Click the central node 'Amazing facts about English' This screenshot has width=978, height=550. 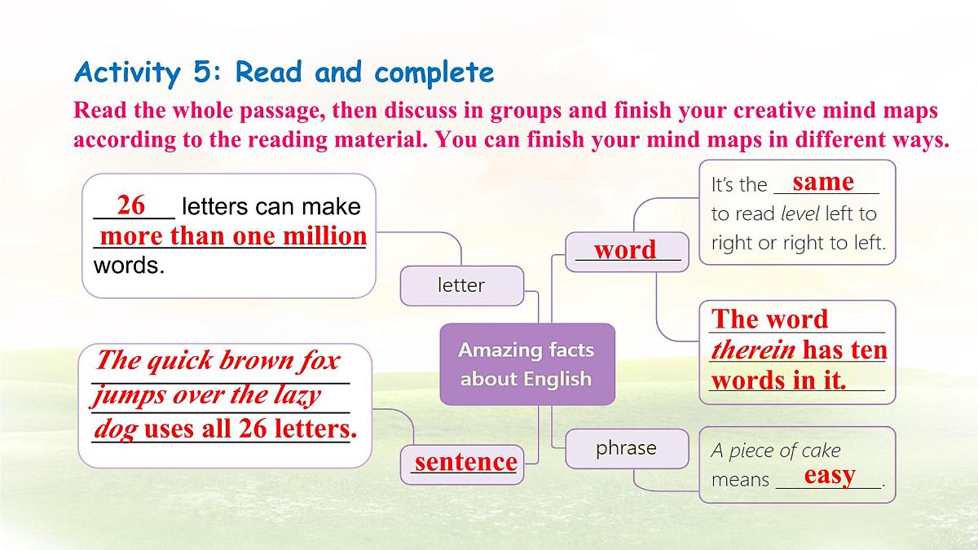pyautogui.click(x=526, y=364)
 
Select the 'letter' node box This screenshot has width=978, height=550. pyautogui.click(x=461, y=285)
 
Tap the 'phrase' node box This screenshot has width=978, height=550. pyautogui.click(x=626, y=447)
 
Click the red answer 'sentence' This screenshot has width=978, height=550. pyautogui.click(x=465, y=462)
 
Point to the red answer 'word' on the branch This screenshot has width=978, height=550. pyautogui.click(x=625, y=249)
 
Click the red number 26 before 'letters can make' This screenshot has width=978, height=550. pyautogui.click(x=131, y=205)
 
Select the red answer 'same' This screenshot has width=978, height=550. pyautogui.click(x=823, y=181)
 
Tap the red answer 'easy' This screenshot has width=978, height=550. pyautogui.click(x=830, y=475)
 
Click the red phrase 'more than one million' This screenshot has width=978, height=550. pyautogui.click(x=233, y=236)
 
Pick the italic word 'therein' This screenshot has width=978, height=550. pyautogui.click(x=754, y=350)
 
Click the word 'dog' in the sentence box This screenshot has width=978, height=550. pyautogui.click(x=115, y=429)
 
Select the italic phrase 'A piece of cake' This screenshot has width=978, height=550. pyautogui.click(x=775, y=451)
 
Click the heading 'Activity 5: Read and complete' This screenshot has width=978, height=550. pyautogui.click(x=284, y=73)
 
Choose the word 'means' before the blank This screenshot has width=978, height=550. pyautogui.click(x=740, y=480)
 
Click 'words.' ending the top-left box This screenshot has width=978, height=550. pyautogui.click(x=129, y=266)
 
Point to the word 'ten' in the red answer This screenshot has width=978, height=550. pyautogui.click(x=868, y=350)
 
